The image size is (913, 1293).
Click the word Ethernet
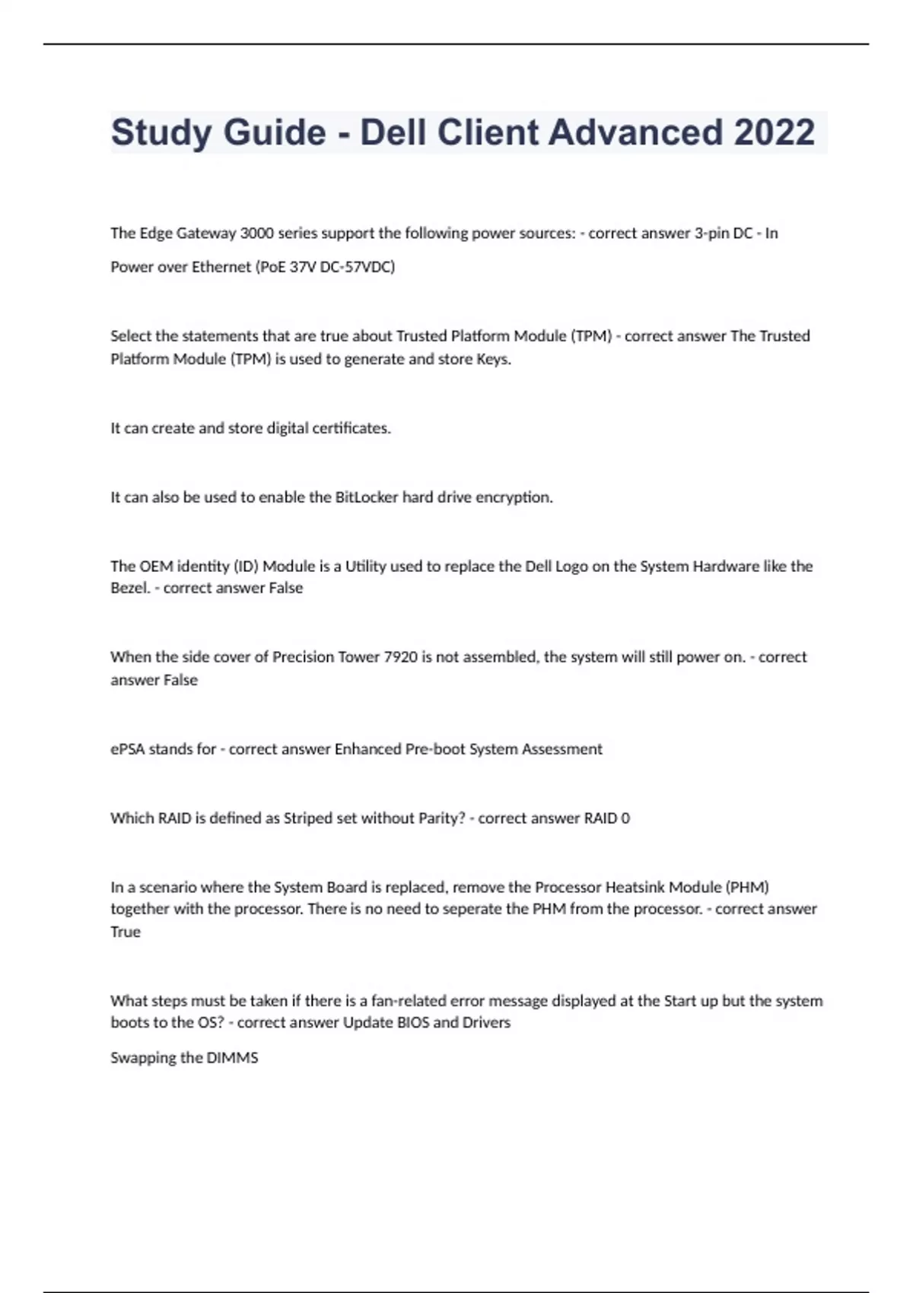(x=223, y=267)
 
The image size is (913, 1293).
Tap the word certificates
(x=351, y=428)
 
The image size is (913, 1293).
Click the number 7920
(x=400, y=657)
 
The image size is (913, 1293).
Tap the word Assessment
(x=561, y=749)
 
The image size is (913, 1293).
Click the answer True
(x=126, y=932)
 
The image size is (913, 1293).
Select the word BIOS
(x=412, y=1023)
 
